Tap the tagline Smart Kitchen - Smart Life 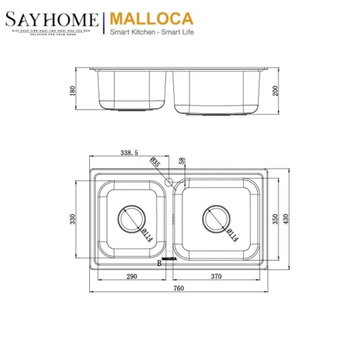[x=153, y=33]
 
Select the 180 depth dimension [x=73, y=91]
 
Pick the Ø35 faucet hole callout [x=155, y=163]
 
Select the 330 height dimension [x=73, y=219]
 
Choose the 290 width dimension [x=130, y=277]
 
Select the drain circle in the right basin [x=217, y=219]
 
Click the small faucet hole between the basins [x=169, y=182]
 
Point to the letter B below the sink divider [x=160, y=263]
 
